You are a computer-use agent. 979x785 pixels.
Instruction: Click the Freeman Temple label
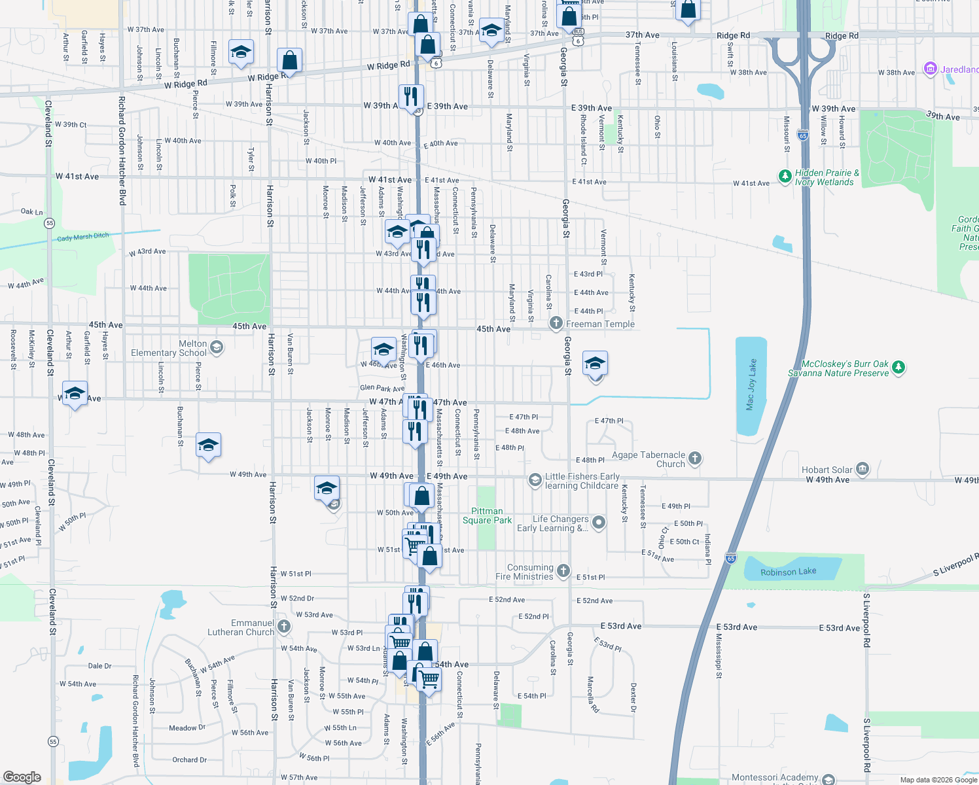tap(600, 324)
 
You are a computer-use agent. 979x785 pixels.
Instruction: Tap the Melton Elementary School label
tap(169, 348)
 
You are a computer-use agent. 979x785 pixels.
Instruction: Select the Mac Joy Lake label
tap(751, 385)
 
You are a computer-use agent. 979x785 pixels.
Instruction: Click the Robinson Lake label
tap(788, 572)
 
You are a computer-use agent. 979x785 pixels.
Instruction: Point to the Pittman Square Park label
tap(487, 515)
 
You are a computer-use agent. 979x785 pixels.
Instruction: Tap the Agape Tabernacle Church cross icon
tap(695, 459)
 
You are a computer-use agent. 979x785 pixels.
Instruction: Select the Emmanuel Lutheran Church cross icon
tap(283, 626)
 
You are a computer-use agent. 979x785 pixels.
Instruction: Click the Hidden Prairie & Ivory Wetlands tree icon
tap(785, 176)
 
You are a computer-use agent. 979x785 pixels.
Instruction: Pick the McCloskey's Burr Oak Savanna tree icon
tap(899, 367)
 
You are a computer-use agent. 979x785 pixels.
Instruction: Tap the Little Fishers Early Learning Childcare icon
tap(535, 481)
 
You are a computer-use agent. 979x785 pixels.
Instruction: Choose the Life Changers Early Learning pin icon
tap(598, 522)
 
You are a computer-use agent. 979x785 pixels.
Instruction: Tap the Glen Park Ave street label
tap(382, 388)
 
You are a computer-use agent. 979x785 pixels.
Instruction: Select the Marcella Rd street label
tap(593, 695)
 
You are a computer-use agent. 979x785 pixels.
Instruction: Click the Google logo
tap(22, 776)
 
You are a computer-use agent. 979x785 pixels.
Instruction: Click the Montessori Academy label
tap(774, 777)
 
